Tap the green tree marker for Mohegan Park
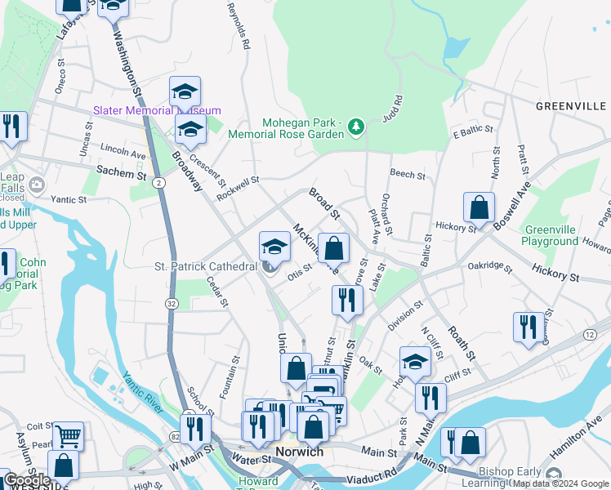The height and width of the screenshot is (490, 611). coord(355,127)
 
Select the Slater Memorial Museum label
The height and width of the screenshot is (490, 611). coord(157,110)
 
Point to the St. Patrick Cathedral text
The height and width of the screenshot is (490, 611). coord(206,267)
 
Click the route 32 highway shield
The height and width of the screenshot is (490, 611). coord(172,303)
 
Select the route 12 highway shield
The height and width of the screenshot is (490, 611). coord(589,335)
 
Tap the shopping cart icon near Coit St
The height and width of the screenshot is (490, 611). coord(68,435)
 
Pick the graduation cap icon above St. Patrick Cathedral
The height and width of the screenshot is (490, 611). coord(275,247)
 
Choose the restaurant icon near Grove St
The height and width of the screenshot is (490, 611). coord(347,300)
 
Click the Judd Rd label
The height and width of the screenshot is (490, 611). coord(394,109)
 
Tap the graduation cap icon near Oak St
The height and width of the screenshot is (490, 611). coord(415,360)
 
